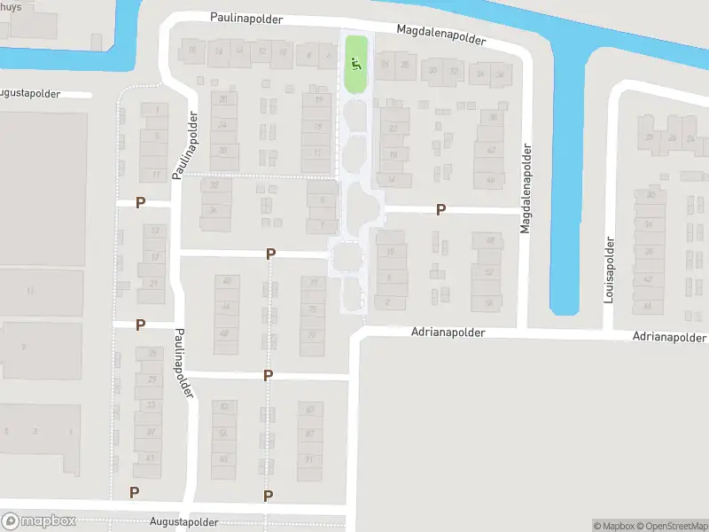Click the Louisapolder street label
pos(609,270)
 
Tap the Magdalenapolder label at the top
pos(442,35)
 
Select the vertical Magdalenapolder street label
pos(525,186)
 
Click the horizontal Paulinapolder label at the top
pos(246,18)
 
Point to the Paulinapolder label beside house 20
pos(191,145)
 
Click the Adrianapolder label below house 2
pos(448,332)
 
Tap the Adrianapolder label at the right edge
pos(670,338)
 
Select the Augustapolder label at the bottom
pos(183,523)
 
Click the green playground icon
pos(354,63)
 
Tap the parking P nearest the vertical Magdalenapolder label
pos(440,210)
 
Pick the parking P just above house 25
pos(140,325)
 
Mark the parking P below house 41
pos(135,492)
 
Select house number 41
pos(151,458)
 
